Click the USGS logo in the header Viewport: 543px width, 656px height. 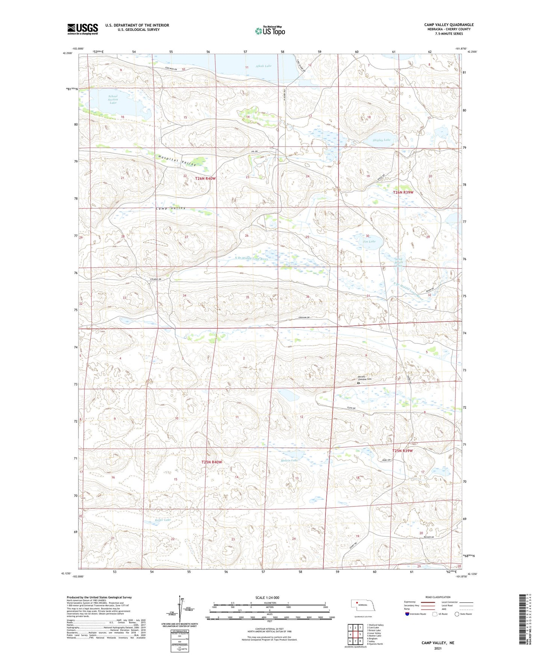pyautogui.click(x=83, y=29)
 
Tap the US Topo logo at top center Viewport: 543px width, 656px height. pyautogui.click(x=270, y=31)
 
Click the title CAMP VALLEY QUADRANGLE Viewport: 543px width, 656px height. pyautogui.click(x=449, y=25)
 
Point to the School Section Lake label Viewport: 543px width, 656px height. pyautogui.click(x=113, y=100)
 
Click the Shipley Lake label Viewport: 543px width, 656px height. pyautogui.click(x=381, y=140)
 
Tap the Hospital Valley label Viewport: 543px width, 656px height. pyautogui.click(x=177, y=161)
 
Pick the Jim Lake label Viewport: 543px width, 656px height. pyautogui.click(x=369, y=242)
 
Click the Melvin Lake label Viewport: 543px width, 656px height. pyautogui.click(x=289, y=460)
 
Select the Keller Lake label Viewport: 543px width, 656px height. pyautogui.click(x=163, y=520)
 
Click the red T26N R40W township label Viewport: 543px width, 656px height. pyautogui.click(x=206, y=178)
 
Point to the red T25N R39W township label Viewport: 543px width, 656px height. pyautogui.click(x=402, y=451)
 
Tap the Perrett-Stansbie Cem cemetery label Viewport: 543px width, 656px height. pyautogui.click(x=364, y=378)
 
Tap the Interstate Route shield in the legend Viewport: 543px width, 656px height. pyautogui.click(x=407, y=614)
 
